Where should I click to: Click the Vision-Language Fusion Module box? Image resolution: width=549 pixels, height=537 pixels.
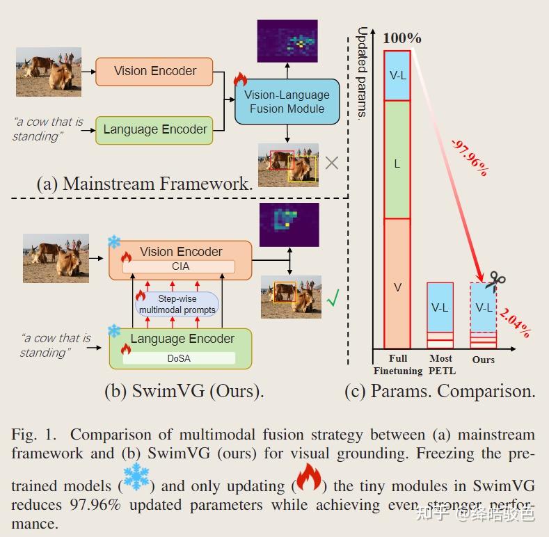pyautogui.click(x=287, y=102)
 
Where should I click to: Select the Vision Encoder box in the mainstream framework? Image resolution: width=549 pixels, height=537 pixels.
pyautogui.click(x=154, y=71)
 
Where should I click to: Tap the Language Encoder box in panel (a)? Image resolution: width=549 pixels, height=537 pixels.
pyautogui.click(x=154, y=129)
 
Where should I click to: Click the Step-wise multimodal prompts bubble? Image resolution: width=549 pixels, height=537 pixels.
pyautogui.click(x=177, y=304)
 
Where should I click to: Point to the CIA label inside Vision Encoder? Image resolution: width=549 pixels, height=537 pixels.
pyautogui.click(x=180, y=266)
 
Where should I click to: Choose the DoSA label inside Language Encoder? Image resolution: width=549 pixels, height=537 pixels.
pyautogui.click(x=180, y=358)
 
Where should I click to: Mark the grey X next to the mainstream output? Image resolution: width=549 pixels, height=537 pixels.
pyautogui.click(x=332, y=163)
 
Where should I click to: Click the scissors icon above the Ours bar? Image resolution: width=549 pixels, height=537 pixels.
pyautogui.click(x=495, y=280)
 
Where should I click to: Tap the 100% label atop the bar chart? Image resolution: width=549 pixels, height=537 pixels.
pyautogui.click(x=401, y=38)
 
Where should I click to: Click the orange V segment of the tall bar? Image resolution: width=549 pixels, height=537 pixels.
pyautogui.click(x=397, y=285)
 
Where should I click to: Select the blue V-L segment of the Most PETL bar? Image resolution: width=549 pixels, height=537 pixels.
pyautogui.click(x=440, y=307)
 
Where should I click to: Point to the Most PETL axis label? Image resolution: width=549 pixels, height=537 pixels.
pyautogui.click(x=440, y=363)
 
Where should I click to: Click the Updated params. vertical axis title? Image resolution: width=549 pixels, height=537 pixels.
pyautogui.click(x=362, y=72)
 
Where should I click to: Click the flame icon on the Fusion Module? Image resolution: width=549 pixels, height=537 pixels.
pyautogui.click(x=240, y=79)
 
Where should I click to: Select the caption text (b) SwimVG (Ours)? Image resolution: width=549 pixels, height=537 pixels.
pyautogui.click(x=184, y=390)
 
